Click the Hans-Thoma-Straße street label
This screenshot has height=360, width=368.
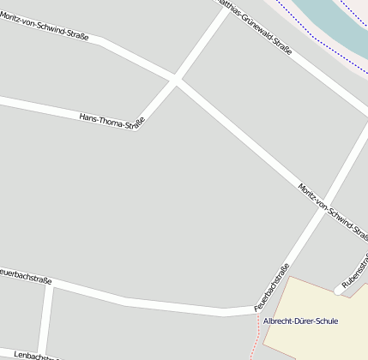click(x=111, y=120)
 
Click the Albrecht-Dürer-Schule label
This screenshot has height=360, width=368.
click(x=300, y=321)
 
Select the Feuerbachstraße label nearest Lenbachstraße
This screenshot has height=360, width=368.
click(x=26, y=276)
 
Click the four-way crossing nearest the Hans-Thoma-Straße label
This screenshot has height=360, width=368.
click(x=177, y=81)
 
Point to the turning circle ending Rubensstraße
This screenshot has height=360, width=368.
click(x=339, y=291)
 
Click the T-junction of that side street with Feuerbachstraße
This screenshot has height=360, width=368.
click(x=51, y=286)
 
